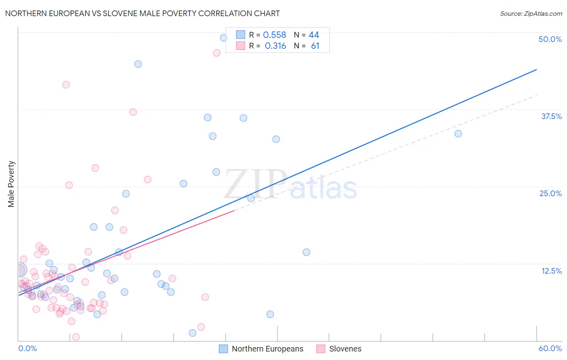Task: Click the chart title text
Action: [x=142, y=13]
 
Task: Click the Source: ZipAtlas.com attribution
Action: [x=531, y=14]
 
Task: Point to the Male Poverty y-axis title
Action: [x=11, y=184]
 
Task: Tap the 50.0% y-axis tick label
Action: [x=550, y=39]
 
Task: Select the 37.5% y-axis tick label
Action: [x=551, y=116]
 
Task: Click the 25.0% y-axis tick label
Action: [x=550, y=193]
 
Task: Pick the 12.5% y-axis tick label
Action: [x=551, y=271]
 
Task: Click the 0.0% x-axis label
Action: [x=27, y=348]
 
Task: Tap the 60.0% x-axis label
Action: [x=550, y=348]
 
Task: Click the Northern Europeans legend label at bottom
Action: [x=267, y=349]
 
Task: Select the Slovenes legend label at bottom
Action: [x=345, y=349]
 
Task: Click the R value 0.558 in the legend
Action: [x=274, y=35]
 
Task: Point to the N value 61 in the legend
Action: [x=315, y=46]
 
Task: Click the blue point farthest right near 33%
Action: [x=458, y=134]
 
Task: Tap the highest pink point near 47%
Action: [x=217, y=53]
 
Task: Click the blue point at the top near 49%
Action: [x=223, y=38]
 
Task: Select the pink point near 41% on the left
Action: [x=66, y=85]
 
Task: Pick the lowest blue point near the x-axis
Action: [x=192, y=333]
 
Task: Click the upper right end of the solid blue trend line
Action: [x=536, y=70]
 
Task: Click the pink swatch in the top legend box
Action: [x=240, y=46]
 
